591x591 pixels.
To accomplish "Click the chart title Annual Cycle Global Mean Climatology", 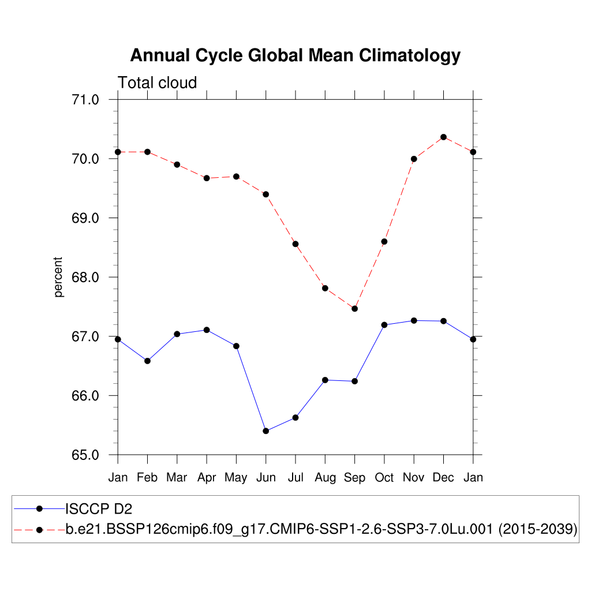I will pyautogui.click(x=295, y=55).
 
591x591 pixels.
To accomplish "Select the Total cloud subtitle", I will pyautogui.click(x=157, y=83).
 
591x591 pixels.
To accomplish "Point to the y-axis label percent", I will pyautogui.click(x=58, y=278).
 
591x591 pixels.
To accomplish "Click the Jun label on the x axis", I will pyautogui.click(x=265, y=478).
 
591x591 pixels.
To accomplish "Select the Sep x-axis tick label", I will pyautogui.click(x=354, y=478).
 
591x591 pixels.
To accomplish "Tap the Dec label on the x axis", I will pyautogui.click(x=443, y=478).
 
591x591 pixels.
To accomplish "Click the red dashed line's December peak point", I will pyautogui.click(x=443, y=137).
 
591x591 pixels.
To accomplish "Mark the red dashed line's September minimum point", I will pyautogui.click(x=354, y=309).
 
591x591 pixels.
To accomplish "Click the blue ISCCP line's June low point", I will pyautogui.click(x=265, y=431).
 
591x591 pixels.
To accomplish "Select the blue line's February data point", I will pyautogui.click(x=147, y=361).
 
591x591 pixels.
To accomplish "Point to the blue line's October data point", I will pyautogui.click(x=384, y=325).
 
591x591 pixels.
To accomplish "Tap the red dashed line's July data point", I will pyautogui.click(x=295, y=244).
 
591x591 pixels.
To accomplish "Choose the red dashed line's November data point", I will pyautogui.click(x=414, y=159).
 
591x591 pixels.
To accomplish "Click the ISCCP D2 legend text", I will pyautogui.click(x=99, y=508).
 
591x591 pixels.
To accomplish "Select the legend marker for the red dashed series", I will pyautogui.click(x=39, y=529).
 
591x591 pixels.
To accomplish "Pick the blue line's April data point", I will pyautogui.click(x=207, y=330).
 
